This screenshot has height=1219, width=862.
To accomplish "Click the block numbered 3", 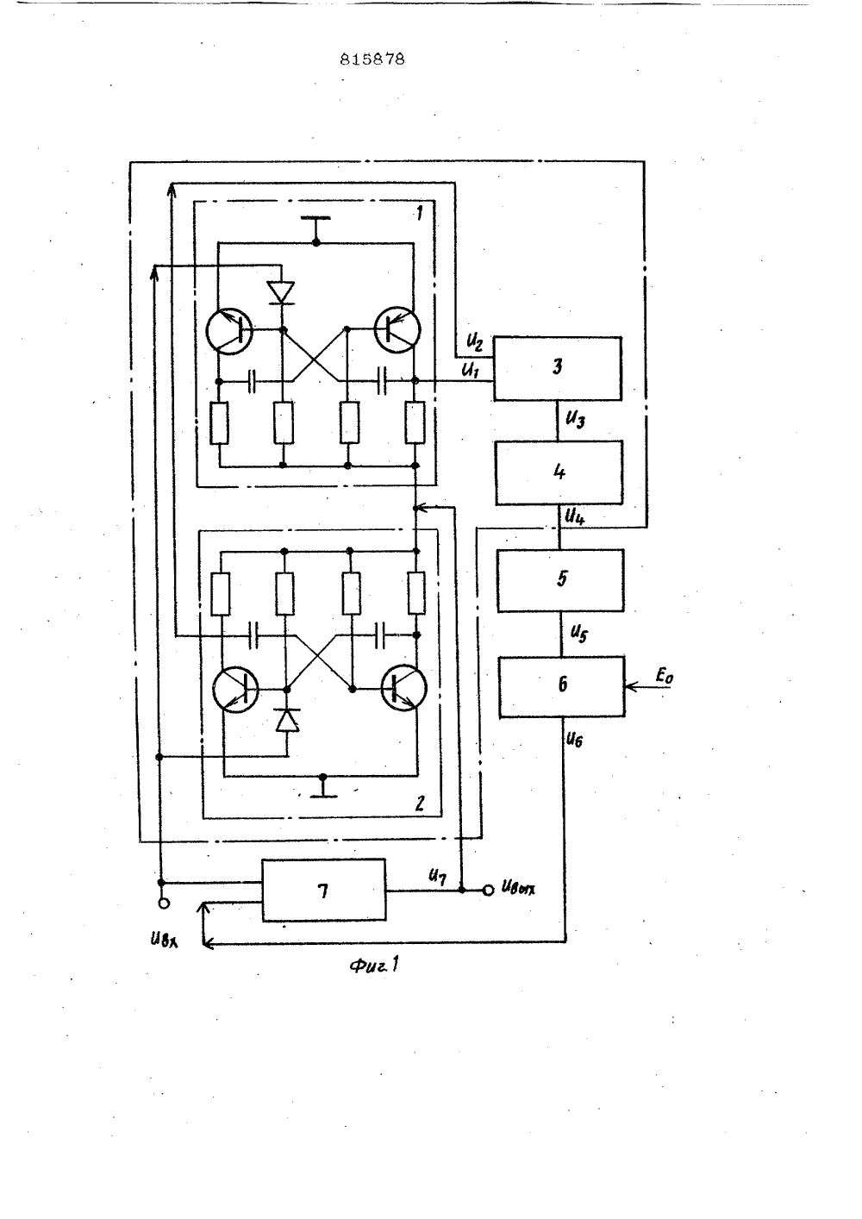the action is [x=557, y=369].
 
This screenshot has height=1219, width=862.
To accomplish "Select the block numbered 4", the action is [x=559, y=472].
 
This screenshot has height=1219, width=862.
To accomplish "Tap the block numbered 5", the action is [x=560, y=580].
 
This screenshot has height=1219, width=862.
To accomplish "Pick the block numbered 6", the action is [x=562, y=686].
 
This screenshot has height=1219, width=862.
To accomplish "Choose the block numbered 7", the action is [x=324, y=891].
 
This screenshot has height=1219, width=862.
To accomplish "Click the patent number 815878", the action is [x=372, y=59].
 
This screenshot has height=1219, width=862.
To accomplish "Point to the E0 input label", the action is [x=664, y=676].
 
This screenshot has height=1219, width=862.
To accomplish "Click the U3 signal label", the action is [x=575, y=420].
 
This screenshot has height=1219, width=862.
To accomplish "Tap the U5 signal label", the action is [x=578, y=634].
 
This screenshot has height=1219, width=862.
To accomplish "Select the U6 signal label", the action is [x=574, y=740].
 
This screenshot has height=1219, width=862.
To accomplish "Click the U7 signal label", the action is [x=438, y=876].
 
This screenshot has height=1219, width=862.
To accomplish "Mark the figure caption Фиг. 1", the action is [x=374, y=966].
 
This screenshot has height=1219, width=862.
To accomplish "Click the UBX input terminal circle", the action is [x=163, y=903].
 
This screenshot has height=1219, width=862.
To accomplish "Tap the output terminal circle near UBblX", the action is [x=488, y=890].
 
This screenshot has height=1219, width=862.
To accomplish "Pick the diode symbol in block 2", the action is [x=287, y=720].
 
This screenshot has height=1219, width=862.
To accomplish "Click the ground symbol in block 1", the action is [x=315, y=228].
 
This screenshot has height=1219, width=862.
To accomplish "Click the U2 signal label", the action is [x=474, y=342].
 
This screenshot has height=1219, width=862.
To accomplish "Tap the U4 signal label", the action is [x=575, y=516].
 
